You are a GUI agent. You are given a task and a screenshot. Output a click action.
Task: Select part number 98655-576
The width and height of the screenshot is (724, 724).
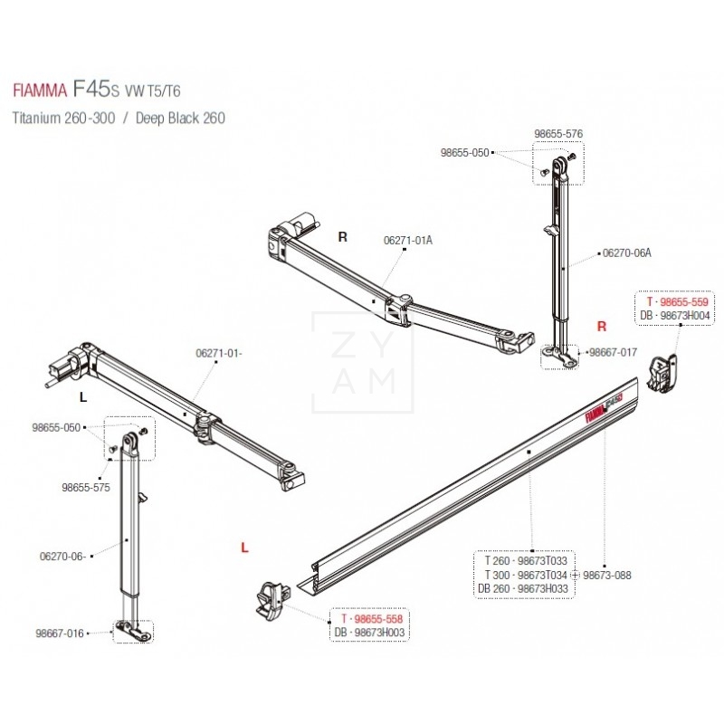point(557,134)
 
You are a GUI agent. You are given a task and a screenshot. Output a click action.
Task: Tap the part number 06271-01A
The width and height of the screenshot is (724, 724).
point(408,240)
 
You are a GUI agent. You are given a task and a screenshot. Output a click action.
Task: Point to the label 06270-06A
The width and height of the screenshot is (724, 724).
point(626,254)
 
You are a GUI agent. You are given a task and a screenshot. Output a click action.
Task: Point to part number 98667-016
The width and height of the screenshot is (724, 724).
point(60,633)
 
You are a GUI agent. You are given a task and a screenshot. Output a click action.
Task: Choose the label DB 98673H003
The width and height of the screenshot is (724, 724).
point(370,632)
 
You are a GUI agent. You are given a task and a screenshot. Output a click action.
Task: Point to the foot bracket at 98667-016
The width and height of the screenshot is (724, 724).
point(134,631)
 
